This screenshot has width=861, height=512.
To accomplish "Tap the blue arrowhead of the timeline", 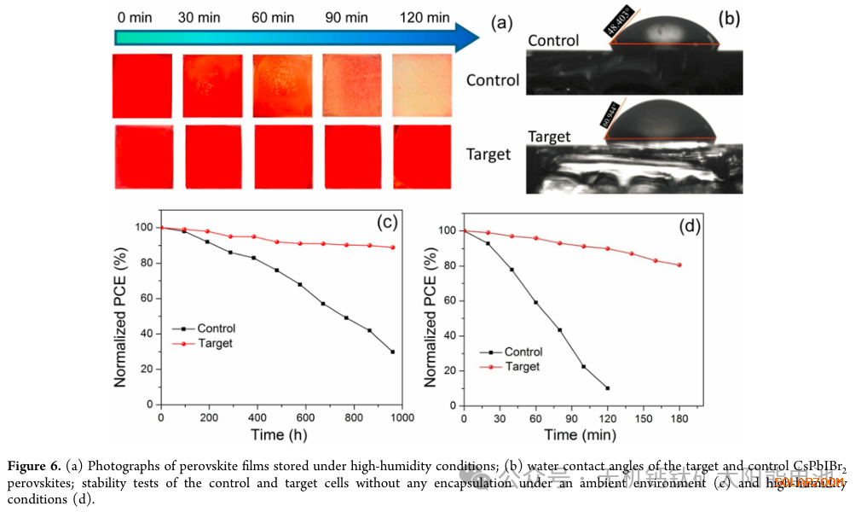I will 467,38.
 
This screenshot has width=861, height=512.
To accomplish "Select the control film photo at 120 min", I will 421,85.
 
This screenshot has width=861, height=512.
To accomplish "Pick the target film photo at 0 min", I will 142,157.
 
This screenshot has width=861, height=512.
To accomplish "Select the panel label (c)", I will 388,223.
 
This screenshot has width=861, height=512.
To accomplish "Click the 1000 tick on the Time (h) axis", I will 401,418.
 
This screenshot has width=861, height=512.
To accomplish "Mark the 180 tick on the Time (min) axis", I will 679,418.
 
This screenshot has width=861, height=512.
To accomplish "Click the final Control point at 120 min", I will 608,388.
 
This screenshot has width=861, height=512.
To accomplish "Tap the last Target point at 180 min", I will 679,265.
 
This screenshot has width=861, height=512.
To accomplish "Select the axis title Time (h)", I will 280,435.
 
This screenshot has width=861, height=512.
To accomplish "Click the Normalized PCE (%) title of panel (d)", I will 430,317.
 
